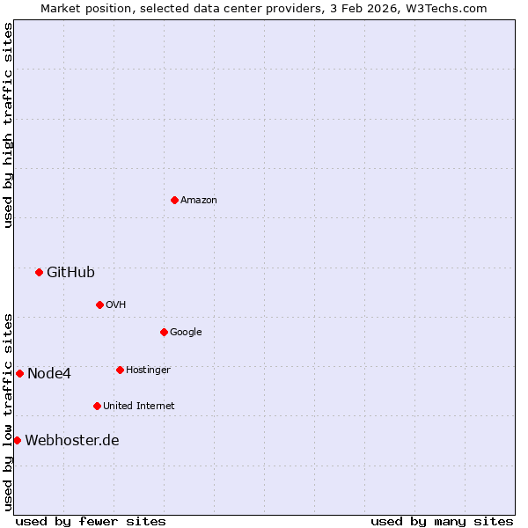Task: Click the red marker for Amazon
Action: pos(174,200)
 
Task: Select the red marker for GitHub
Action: pos(39,272)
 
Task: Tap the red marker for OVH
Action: pos(99,304)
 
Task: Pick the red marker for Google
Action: pos(164,332)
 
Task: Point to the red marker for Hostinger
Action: pos(120,370)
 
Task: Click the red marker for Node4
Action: pos(19,373)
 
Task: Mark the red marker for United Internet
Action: pos(97,406)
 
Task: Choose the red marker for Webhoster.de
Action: pos(17,440)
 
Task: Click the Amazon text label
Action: pos(199,201)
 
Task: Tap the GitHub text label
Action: pos(70,273)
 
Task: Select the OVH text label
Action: pos(116,305)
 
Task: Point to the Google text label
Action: pos(186,333)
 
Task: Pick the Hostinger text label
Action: pos(148,370)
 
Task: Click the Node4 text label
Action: pos(49,374)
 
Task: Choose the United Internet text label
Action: pos(139,407)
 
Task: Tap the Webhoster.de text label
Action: pos(72,441)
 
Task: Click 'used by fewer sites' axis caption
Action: pos(91,521)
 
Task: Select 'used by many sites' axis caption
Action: pos(442,521)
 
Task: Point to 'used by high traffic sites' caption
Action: pos(8,125)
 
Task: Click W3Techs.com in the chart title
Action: pos(448,8)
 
